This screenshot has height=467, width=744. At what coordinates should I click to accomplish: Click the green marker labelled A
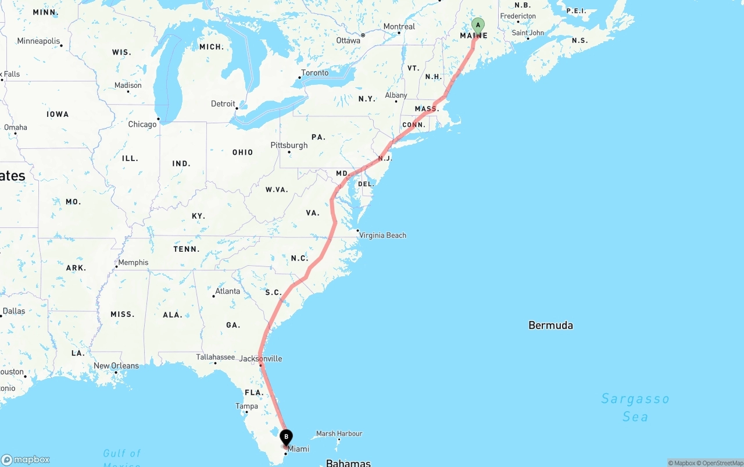pos(478,26)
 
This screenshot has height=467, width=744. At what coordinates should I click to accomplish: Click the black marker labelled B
pos(286,437)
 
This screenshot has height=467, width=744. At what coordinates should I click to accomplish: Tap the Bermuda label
pos(550,325)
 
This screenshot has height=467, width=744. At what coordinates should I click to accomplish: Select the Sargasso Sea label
pos(635,407)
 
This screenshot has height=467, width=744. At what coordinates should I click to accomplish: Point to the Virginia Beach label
pos(382,236)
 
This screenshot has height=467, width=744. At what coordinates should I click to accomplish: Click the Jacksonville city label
pos(260,358)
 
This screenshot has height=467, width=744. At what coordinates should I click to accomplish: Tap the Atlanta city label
pos(227,291)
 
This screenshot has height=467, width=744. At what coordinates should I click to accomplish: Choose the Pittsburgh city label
pos(289,145)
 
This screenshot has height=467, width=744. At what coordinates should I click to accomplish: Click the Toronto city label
pos(314,73)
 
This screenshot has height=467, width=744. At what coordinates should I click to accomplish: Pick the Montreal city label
pos(399,26)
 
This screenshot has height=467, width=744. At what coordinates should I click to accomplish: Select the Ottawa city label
pos(348,40)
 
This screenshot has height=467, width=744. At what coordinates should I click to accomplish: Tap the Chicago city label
pos(142,124)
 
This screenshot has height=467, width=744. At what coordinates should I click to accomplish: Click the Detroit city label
pos(223,104)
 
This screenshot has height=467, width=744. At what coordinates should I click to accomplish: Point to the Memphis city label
pos(133,262)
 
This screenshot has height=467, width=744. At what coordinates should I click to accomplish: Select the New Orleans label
pos(116,366)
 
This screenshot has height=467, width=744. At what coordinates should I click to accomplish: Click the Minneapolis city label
pos(38,41)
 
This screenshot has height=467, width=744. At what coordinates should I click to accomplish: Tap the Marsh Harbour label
pos(339,433)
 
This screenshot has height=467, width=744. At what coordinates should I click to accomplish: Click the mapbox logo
pos(26,459)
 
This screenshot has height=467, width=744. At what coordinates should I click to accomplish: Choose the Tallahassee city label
pos(215,357)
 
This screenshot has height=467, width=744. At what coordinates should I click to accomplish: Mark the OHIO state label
pos(242,152)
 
